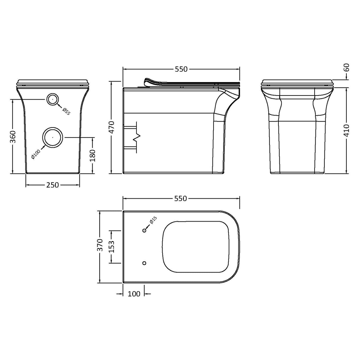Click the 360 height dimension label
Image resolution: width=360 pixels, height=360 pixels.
(x=13, y=137)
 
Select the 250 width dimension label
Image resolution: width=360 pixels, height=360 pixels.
(x=52, y=185)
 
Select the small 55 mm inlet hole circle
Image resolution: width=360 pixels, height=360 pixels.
(x=52, y=99)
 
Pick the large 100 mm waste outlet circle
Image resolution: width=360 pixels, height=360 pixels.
(x=53, y=138)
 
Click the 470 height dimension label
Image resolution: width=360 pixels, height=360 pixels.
(x=112, y=128)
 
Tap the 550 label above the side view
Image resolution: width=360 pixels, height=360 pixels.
(x=181, y=69)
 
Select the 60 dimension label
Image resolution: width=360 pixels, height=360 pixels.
(x=347, y=68)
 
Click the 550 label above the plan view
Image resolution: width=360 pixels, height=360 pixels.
(x=181, y=198)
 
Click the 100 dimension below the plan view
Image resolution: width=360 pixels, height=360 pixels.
(x=134, y=294)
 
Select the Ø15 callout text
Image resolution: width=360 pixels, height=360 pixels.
(x=153, y=220)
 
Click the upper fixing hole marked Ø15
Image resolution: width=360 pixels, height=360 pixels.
(x=144, y=230)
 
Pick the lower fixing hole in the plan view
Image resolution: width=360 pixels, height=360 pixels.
(x=144, y=263)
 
